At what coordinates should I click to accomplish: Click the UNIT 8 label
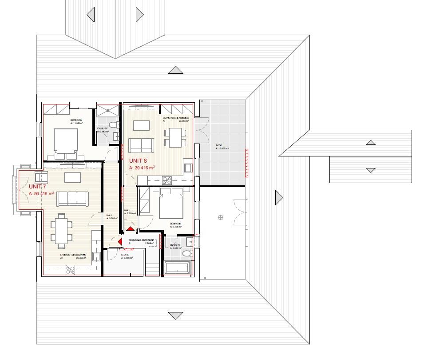[139, 160]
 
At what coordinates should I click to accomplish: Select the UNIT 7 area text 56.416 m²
[41, 194]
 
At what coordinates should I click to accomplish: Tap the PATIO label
[219, 145]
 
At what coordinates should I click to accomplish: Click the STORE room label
[125, 255]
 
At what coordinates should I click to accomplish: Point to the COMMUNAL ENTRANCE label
[141, 240]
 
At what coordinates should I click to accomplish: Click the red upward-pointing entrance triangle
[130, 228]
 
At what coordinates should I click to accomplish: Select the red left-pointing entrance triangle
[119, 241]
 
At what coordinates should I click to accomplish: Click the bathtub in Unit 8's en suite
[178, 268]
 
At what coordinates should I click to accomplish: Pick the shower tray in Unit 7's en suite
[107, 110]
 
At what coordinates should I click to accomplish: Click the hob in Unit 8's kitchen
[167, 180]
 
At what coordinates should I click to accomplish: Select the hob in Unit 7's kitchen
[70, 269]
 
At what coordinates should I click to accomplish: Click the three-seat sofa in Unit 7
[72, 198]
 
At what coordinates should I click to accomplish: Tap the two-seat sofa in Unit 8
[141, 145]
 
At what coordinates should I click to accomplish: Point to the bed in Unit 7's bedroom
[66, 142]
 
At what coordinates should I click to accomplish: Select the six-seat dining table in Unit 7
[61, 230]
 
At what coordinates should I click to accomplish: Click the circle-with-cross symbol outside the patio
[221, 217]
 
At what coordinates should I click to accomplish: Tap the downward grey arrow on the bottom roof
[176, 316]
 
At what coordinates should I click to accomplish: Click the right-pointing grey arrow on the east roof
[279, 197]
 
